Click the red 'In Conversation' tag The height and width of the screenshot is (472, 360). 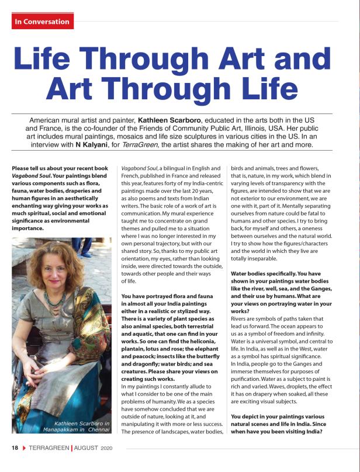pos(41,22)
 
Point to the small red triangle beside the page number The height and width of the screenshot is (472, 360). pos(25,448)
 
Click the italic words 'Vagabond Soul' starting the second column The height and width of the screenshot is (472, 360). pos(140,169)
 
